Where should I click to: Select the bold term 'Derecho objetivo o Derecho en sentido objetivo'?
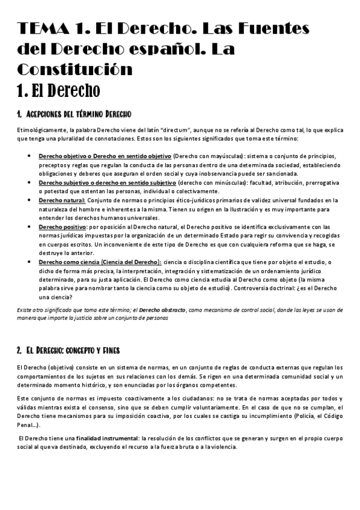pyautogui.click(x=105, y=156)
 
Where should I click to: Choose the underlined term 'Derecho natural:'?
pyautogui.click(x=62, y=200)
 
